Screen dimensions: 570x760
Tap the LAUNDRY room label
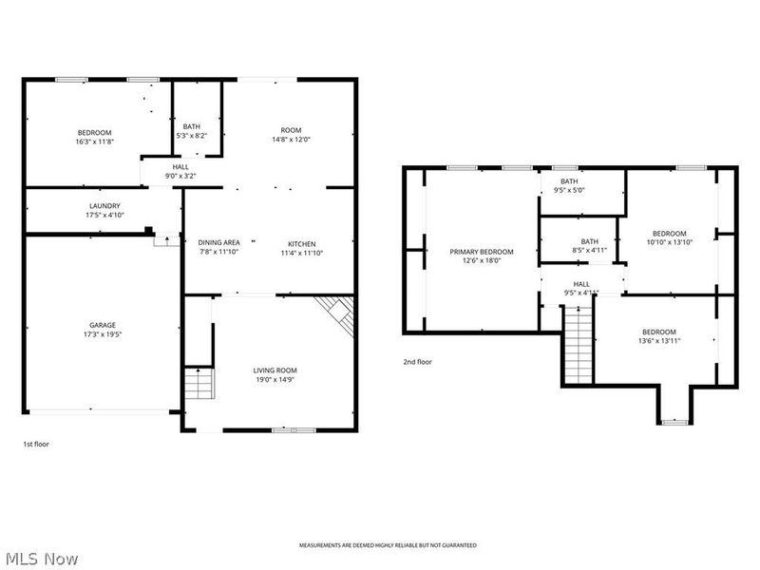(104, 205)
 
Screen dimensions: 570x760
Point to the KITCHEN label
(302, 243)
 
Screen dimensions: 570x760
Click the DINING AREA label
(218, 243)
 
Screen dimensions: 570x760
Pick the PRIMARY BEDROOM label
(482, 252)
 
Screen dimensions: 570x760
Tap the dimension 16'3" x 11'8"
(95, 142)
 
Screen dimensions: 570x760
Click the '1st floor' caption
(36, 444)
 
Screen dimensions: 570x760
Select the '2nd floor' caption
(417, 361)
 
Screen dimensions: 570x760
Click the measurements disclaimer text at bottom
(388, 545)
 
